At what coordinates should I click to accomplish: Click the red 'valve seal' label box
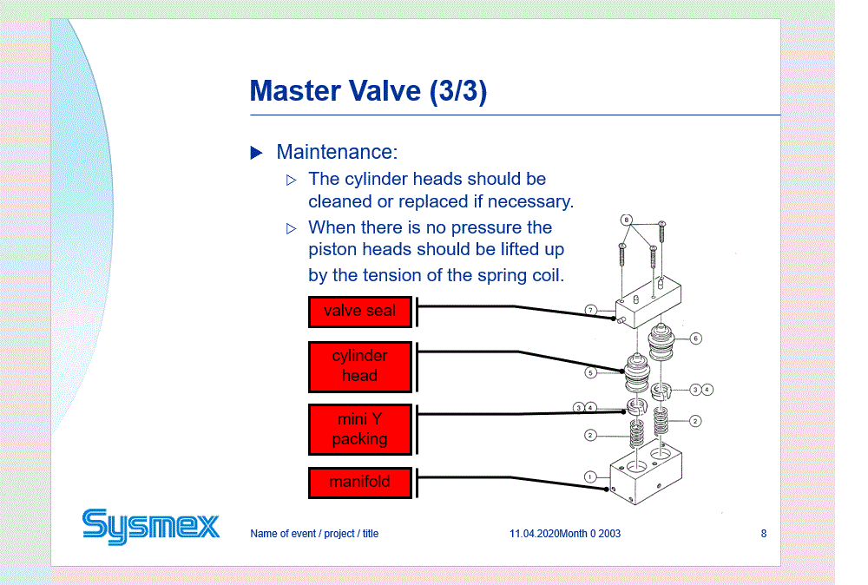click(360, 312)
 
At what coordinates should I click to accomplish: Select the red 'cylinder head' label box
click(360, 366)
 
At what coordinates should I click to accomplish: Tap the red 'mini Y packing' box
click(360, 430)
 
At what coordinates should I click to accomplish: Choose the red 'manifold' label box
click(360, 483)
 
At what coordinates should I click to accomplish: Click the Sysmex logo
click(150, 526)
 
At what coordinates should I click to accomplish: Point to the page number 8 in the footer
click(763, 534)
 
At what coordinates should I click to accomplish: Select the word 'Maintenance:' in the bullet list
click(337, 152)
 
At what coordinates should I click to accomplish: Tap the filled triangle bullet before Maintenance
click(256, 152)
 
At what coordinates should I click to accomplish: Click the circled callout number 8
click(626, 220)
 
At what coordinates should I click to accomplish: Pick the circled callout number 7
click(590, 310)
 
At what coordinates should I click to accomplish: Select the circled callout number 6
click(696, 339)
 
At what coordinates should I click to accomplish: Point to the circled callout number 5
click(590, 372)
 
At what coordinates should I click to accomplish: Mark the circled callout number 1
click(590, 477)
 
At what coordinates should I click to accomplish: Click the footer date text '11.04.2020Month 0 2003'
click(565, 534)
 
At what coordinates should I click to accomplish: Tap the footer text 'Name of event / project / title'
click(314, 534)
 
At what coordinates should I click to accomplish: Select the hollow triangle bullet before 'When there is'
click(291, 228)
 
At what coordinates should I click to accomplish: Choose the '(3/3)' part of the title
click(458, 91)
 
